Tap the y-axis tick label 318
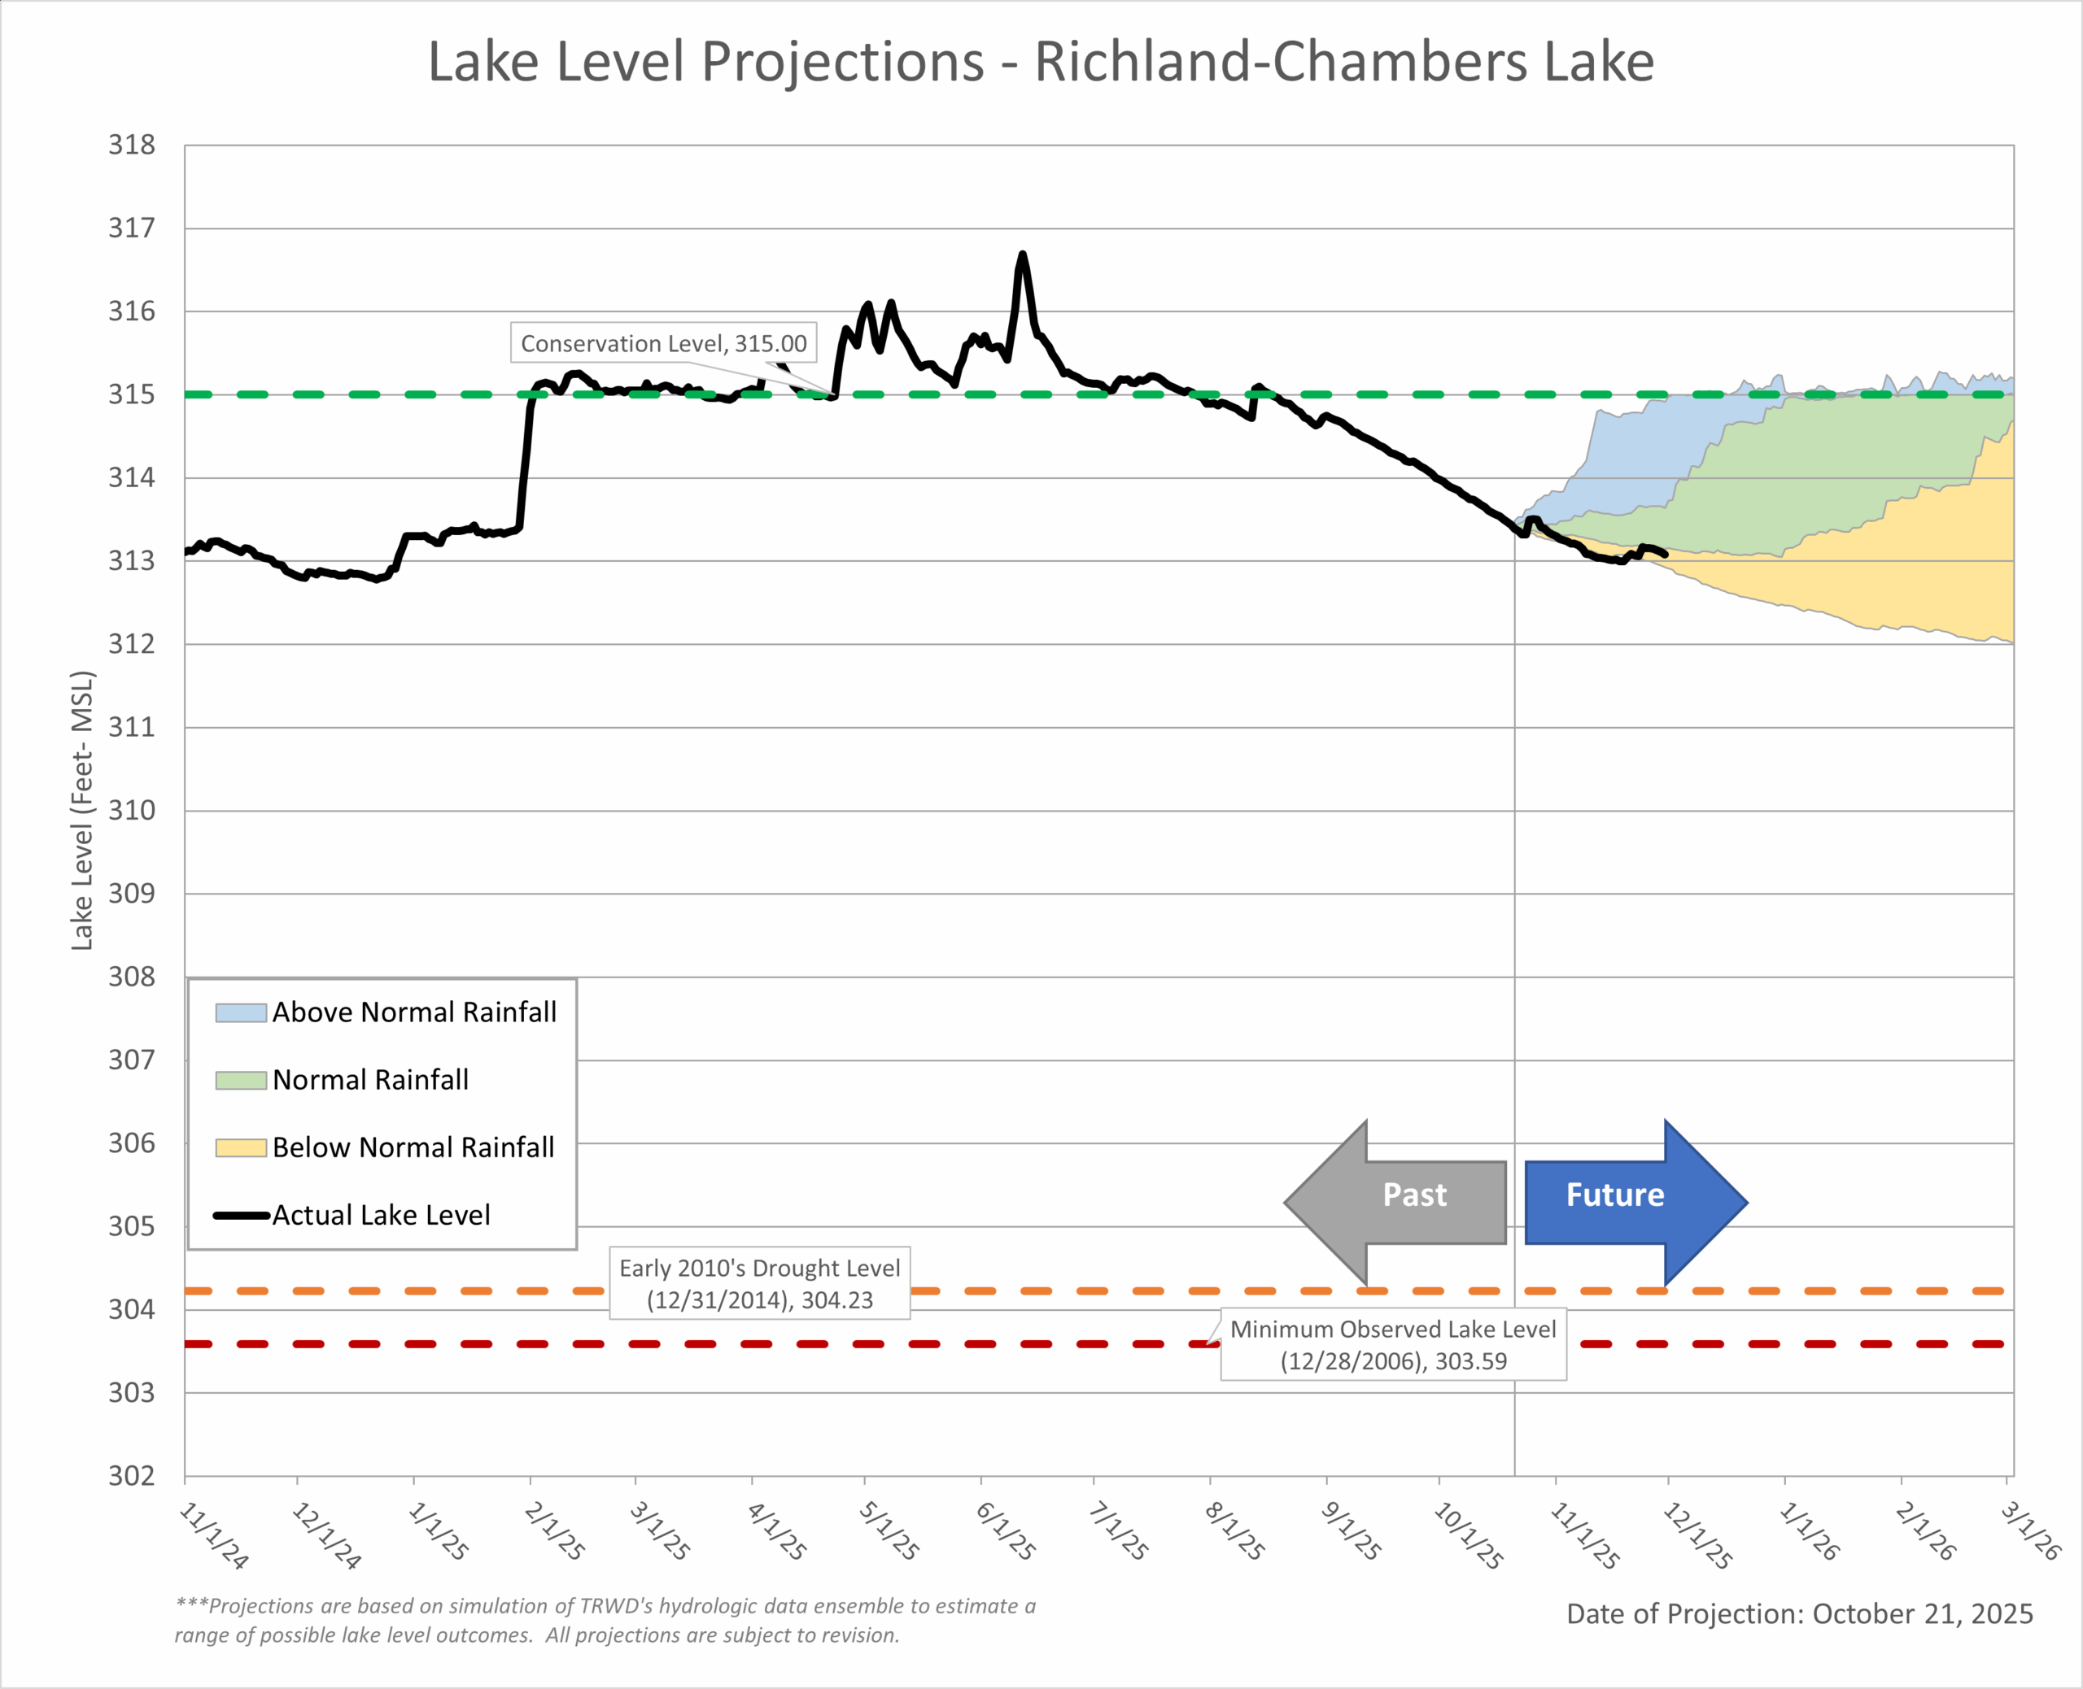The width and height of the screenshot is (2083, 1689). click(131, 145)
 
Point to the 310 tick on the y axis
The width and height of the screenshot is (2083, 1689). click(131, 811)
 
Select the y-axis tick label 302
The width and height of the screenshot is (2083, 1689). click(131, 1476)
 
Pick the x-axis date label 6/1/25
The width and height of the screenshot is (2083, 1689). click(1007, 1531)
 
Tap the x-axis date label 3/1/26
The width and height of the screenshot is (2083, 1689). click(2030, 1531)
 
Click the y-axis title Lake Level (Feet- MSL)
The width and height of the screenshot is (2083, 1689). click(83, 811)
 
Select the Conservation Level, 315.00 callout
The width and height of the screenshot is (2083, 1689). click(663, 343)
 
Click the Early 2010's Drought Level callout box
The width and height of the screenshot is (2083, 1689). click(759, 1283)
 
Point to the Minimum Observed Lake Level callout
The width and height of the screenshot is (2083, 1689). click(1393, 1344)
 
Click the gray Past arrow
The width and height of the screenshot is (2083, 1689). click(1394, 1202)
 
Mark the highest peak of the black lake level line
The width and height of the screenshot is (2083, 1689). click(1022, 255)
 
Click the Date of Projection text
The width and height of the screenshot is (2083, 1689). click(1799, 1614)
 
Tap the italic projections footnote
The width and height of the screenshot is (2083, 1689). click(605, 1620)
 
